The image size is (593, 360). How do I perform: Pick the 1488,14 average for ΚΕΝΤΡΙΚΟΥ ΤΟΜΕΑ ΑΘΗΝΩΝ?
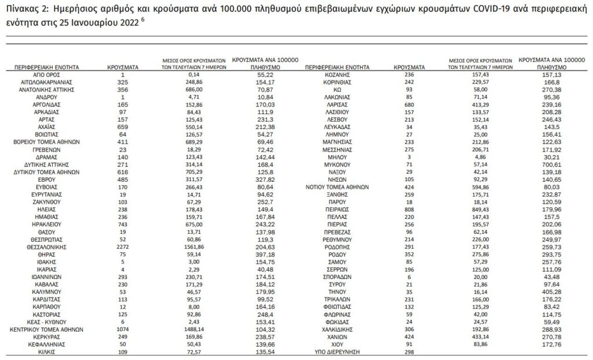click(x=194, y=329)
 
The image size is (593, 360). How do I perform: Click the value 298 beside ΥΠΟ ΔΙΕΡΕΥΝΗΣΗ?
click(x=412, y=351)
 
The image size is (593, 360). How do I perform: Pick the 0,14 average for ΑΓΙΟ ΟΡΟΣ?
click(x=194, y=75)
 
